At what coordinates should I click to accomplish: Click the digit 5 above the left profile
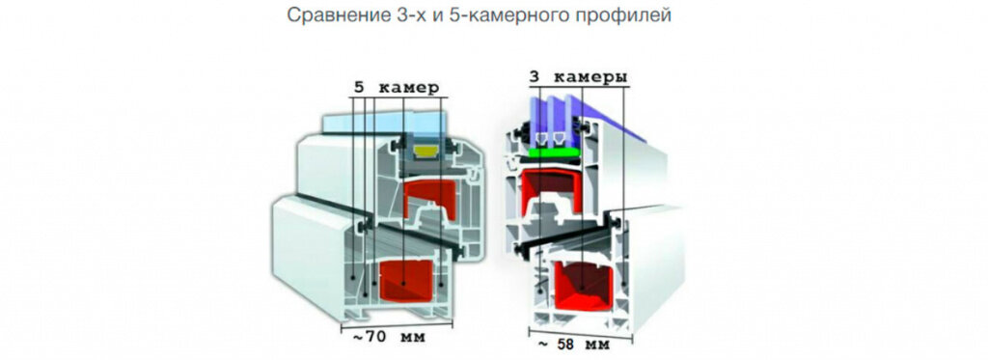click(359, 87)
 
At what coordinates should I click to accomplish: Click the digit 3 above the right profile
click(533, 76)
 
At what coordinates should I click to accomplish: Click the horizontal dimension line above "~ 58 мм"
click(577, 332)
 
